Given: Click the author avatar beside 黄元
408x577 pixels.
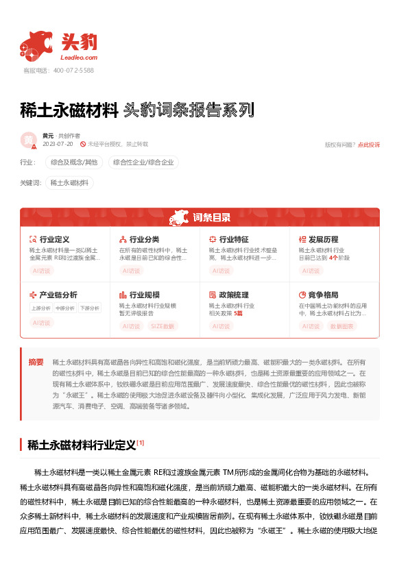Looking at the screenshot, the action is click(29, 140).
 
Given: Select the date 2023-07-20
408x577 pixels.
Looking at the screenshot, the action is click(58, 145).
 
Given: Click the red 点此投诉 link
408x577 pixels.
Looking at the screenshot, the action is click(368, 145).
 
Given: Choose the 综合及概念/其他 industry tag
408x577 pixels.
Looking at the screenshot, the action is click(75, 162).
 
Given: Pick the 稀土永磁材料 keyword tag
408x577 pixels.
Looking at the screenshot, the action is click(69, 183).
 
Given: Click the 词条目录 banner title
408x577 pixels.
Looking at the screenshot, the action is click(211, 218).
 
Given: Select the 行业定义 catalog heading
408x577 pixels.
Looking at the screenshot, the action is click(55, 239).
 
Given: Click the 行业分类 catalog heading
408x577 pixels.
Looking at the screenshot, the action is click(144, 239).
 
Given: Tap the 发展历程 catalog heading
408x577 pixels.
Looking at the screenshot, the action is click(323, 239).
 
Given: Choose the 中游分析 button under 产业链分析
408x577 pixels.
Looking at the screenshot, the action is click(65, 308).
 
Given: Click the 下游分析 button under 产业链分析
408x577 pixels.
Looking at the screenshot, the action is click(89, 308).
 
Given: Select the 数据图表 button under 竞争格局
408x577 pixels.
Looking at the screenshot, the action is click(342, 326).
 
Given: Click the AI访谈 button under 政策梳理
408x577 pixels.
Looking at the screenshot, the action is click(221, 326).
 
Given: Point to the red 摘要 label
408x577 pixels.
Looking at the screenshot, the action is click(36, 361).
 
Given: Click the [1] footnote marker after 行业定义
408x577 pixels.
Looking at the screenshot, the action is click(141, 442).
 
